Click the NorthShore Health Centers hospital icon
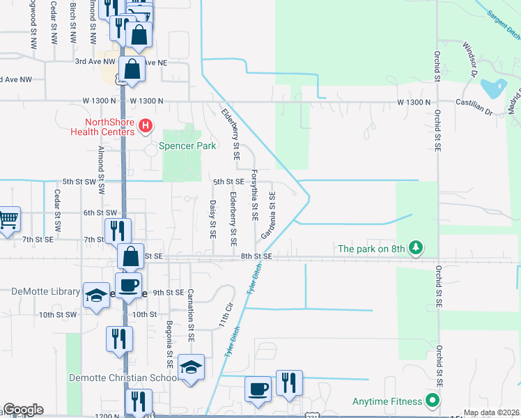click(145, 125)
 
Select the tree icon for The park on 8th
click(416, 247)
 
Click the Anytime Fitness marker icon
click(433, 401)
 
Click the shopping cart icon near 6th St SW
click(8, 219)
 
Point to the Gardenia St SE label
click(269, 214)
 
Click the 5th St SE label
click(228, 181)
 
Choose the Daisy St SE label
click(212, 217)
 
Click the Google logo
click(23, 410)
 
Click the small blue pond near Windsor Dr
click(494, 88)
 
